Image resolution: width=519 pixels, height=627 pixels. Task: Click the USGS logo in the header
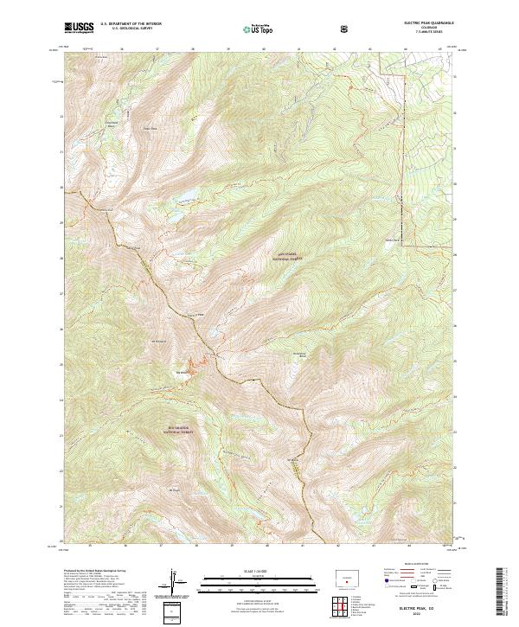point(79,28)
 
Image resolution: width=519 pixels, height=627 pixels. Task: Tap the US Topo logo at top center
point(259,28)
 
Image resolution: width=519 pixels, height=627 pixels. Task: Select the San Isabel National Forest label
point(288,257)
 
